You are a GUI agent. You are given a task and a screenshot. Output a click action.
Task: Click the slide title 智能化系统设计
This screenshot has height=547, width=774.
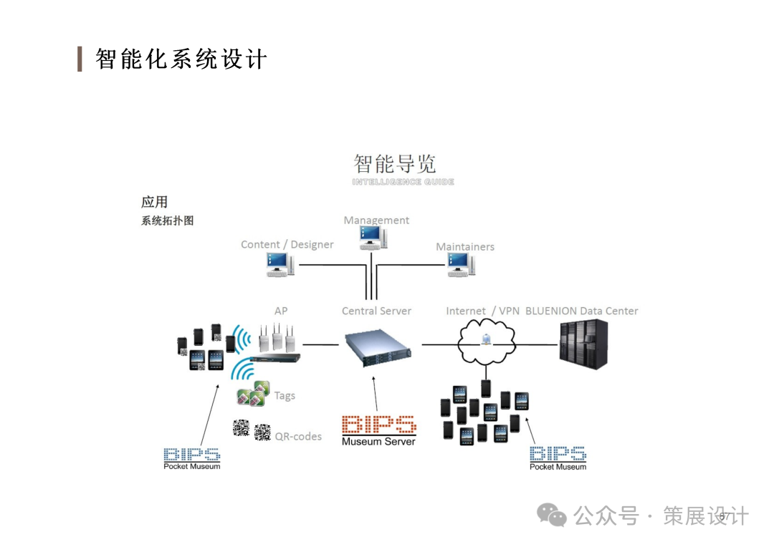(x=181, y=59)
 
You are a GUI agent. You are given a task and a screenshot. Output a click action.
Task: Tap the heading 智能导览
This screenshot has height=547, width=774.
(x=395, y=164)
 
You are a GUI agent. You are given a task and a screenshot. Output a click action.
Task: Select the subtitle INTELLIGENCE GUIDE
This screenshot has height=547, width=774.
(x=403, y=182)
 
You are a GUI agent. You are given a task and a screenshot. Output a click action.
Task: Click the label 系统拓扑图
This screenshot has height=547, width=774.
(x=167, y=221)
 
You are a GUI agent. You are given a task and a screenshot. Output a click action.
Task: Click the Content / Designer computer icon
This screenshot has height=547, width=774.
(x=279, y=265)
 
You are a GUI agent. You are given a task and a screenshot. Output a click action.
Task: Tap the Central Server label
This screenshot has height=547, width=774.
(x=376, y=311)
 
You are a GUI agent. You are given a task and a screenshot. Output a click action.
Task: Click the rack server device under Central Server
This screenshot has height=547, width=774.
(x=377, y=347)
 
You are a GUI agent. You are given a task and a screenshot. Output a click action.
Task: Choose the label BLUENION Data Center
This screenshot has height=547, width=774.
(x=581, y=311)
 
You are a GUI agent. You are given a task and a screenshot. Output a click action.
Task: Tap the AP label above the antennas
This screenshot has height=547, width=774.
(x=281, y=311)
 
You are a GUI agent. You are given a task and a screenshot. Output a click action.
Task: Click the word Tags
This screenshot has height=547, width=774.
(x=285, y=395)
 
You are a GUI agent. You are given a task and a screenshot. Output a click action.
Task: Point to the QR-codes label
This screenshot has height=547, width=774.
(x=298, y=436)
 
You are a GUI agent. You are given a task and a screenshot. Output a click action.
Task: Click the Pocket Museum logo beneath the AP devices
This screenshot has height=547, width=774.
(x=191, y=458)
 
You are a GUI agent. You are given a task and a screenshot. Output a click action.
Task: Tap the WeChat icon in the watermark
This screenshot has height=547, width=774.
(x=553, y=515)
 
